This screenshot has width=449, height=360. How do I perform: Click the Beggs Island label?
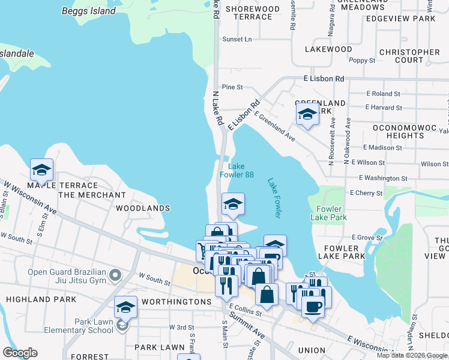click(89, 11)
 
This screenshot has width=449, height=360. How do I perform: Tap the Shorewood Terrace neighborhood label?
click(253, 13)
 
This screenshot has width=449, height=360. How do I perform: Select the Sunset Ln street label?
click(237, 39)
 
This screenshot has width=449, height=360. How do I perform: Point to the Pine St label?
click(232, 87)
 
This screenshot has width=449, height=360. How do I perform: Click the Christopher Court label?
click(409, 56)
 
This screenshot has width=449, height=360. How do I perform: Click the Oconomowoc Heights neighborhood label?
click(406, 131)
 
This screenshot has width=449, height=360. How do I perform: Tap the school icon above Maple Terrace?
click(41, 170)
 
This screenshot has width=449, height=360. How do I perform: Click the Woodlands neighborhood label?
click(143, 208)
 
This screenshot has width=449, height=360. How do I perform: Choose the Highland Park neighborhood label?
click(41, 299)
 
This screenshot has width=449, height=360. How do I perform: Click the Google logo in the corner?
click(20, 353)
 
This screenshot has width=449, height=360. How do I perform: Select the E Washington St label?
click(383, 178)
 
